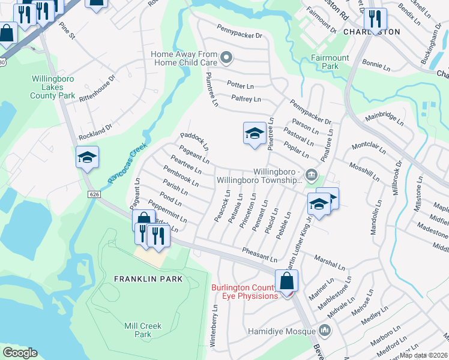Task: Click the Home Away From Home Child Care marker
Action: [226, 58]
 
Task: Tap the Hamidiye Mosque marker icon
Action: [325, 331]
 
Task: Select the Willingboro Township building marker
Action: [311, 175]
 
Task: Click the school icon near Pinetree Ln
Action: [255, 133]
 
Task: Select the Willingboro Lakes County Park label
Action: [54, 87]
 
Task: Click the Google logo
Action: [20, 353]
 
